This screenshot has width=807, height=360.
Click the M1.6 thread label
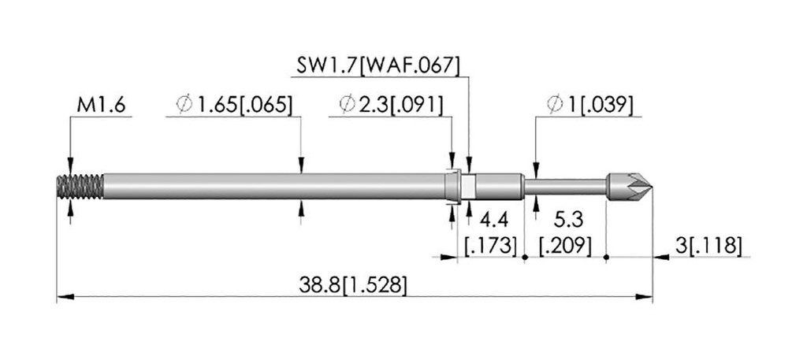(101, 106)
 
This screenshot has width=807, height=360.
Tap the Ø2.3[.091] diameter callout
(391, 105)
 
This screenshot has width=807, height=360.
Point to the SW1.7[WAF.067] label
(377, 66)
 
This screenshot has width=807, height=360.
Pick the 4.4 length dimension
(493, 220)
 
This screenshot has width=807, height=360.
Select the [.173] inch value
(490, 246)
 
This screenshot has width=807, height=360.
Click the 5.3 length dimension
(568, 220)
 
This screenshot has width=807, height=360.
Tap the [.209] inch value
(565, 246)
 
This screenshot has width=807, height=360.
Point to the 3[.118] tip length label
(708, 246)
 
